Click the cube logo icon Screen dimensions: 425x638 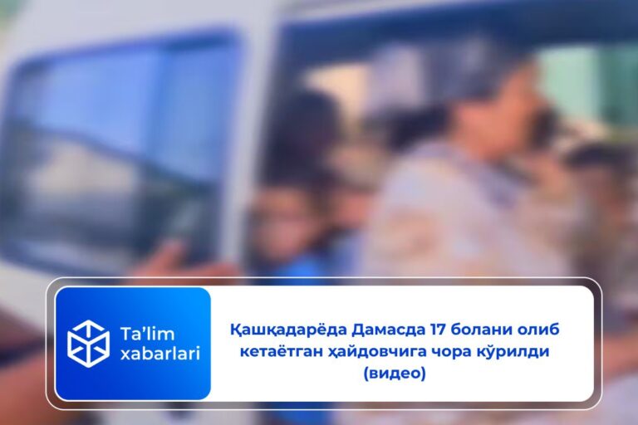click(x=87, y=343)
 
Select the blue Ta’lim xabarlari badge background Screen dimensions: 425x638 click(x=133, y=382)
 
